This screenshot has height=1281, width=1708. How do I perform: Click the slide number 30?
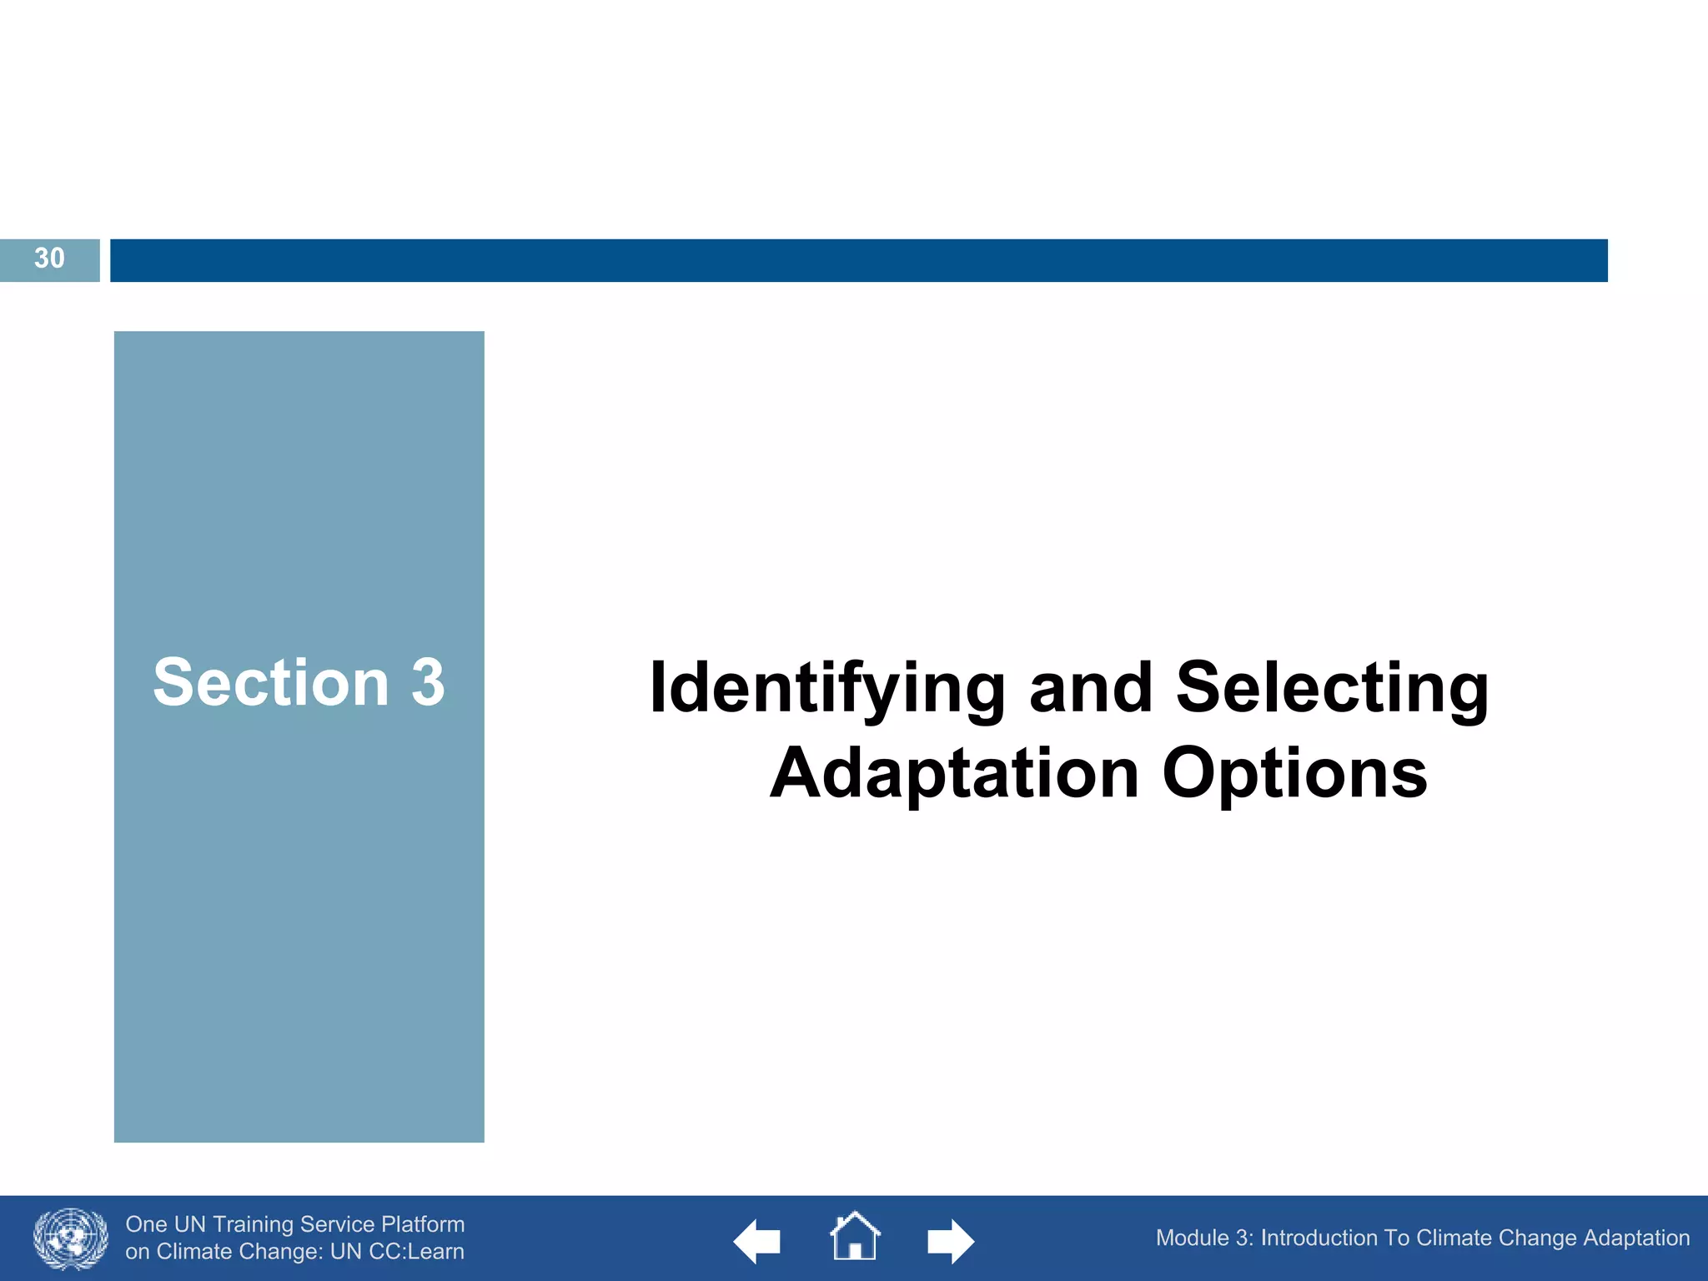(x=49, y=259)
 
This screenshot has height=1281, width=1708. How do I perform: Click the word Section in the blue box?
(x=271, y=683)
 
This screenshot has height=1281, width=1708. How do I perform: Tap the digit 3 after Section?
(x=428, y=683)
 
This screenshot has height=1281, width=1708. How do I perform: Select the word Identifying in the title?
(x=826, y=689)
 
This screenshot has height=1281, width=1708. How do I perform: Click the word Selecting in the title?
(x=1331, y=689)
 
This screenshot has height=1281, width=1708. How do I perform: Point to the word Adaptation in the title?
(x=954, y=774)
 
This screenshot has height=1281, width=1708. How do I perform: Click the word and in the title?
(x=1091, y=689)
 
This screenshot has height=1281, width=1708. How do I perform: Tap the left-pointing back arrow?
(x=756, y=1241)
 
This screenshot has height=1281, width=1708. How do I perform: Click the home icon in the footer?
(x=854, y=1237)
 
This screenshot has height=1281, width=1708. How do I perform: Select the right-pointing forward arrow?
(x=951, y=1241)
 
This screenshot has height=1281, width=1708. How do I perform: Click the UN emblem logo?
(x=71, y=1238)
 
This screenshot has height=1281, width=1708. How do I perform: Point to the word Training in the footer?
(x=253, y=1224)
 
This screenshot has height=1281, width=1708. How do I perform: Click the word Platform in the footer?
(x=423, y=1224)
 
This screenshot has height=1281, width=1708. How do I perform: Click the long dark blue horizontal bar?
(x=858, y=260)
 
